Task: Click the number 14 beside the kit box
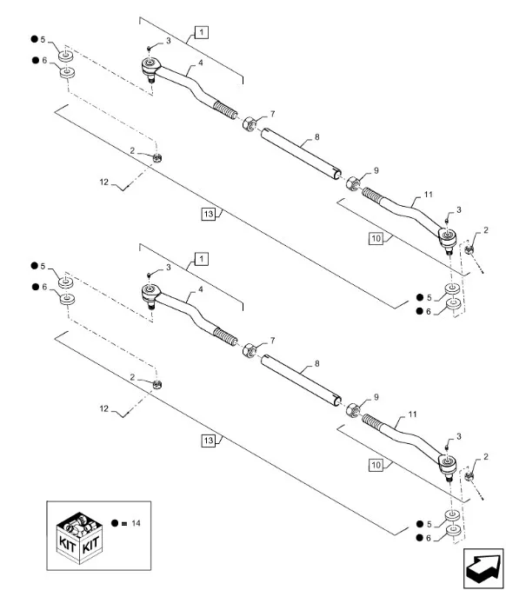[x=136, y=523]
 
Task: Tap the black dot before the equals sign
[x=115, y=523]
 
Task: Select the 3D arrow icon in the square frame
[x=483, y=569]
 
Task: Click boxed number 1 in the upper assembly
[x=202, y=32]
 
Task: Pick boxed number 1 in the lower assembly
[x=202, y=259]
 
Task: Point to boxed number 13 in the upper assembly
[x=208, y=214]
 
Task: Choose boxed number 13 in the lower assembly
[x=208, y=441]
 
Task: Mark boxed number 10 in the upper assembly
[x=376, y=239]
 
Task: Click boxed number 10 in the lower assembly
[x=376, y=465]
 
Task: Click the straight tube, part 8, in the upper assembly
[x=301, y=155]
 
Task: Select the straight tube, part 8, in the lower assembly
[x=301, y=381]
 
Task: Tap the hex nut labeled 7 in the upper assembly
[x=250, y=123]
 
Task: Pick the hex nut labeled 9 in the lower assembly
[x=353, y=410]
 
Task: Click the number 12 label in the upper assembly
[x=104, y=182]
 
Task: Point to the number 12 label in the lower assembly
[x=104, y=408]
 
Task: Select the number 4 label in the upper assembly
[x=200, y=63]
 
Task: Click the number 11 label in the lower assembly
[x=413, y=414]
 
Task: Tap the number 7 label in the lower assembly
[x=273, y=341]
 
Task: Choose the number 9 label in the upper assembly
[x=376, y=171]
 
